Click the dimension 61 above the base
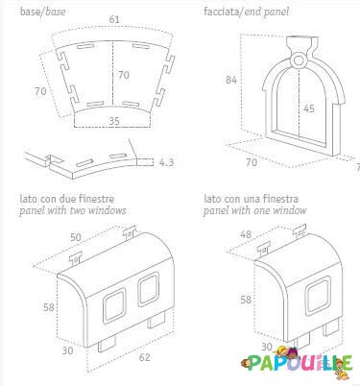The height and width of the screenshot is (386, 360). click(114, 19)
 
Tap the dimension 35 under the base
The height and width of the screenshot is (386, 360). click(114, 121)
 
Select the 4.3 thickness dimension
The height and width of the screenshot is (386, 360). click(166, 162)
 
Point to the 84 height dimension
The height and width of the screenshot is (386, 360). click(231, 80)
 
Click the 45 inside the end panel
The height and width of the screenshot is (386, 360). click(309, 109)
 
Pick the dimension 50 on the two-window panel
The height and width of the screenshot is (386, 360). click(76, 237)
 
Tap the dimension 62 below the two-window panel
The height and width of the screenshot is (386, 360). click(144, 357)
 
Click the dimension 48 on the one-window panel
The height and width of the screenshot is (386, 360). click(246, 234)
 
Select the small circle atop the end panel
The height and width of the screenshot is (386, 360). click(299, 60)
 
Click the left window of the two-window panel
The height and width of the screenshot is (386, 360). click(114, 304)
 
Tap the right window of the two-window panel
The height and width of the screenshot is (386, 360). click(149, 289)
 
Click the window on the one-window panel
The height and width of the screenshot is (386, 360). click(318, 296)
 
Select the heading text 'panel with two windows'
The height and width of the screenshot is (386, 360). click(72, 210)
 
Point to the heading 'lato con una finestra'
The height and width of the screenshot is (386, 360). click(251, 199)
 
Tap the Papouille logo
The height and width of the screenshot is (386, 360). click(298, 363)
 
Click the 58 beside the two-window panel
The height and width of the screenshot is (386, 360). click(49, 307)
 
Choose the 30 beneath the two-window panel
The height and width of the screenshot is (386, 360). click(67, 350)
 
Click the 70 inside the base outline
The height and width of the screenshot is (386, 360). click(124, 75)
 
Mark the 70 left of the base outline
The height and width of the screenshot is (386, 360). click(40, 91)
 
